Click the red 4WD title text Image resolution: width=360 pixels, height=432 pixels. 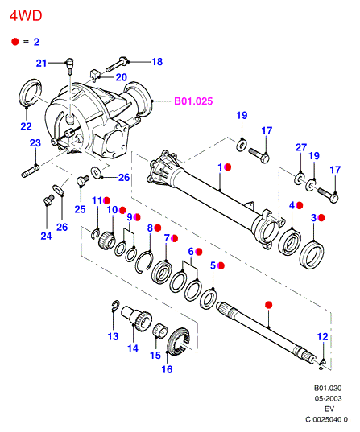26,16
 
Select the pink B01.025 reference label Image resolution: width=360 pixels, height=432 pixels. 193,101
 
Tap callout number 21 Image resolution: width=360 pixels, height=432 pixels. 41,63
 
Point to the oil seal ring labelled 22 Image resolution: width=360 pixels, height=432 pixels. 30,93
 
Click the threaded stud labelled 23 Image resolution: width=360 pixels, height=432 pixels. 31,171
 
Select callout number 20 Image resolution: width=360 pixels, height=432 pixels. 121,77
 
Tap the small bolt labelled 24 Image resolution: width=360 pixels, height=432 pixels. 49,200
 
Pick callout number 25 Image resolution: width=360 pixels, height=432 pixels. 80,209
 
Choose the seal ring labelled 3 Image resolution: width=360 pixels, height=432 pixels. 312,255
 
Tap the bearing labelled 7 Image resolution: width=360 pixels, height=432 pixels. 162,272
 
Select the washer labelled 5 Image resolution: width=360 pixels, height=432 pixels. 208,298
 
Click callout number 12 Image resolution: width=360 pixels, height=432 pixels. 322,337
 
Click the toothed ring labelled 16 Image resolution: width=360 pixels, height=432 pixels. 180,342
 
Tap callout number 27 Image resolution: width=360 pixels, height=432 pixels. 301,147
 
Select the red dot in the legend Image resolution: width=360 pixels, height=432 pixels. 14,42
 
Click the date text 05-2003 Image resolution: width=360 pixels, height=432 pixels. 329,398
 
